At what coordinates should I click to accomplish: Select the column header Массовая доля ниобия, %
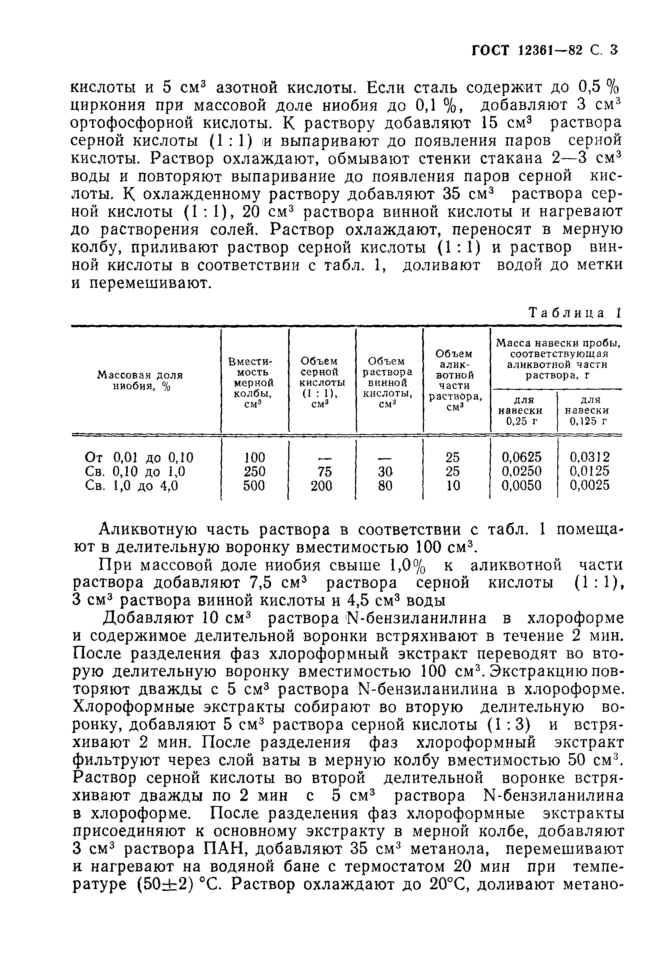(x=140, y=381)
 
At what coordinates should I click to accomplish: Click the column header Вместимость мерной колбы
(x=254, y=382)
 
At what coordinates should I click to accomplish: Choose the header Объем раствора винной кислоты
(x=389, y=382)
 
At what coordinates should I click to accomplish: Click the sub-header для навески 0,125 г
(x=589, y=410)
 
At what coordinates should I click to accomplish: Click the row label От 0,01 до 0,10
(x=139, y=457)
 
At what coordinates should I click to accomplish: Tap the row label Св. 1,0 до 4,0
(x=131, y=486)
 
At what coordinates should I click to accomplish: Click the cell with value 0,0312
(x=590, y=457)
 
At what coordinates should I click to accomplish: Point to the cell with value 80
(x=385, y=486)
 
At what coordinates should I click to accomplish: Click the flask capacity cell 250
(x=254, y=471)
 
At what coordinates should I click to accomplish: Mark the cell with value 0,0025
(x=590, y=486)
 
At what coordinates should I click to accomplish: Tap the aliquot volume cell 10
(x=453, y=486)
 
